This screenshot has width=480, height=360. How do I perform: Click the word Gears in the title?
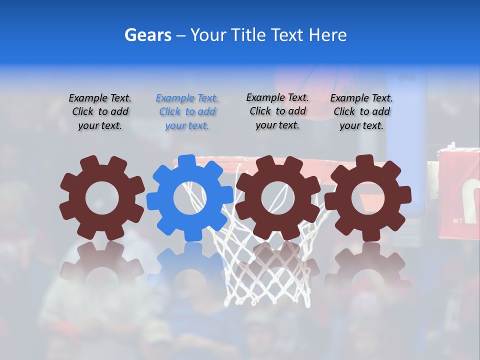pos(147,35)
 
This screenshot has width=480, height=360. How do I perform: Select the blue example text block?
pos(187,112)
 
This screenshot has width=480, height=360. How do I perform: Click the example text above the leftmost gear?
pos(100,112)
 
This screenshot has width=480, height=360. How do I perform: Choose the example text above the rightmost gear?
pos(361,112)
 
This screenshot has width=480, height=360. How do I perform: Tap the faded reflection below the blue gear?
pos(190,265)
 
